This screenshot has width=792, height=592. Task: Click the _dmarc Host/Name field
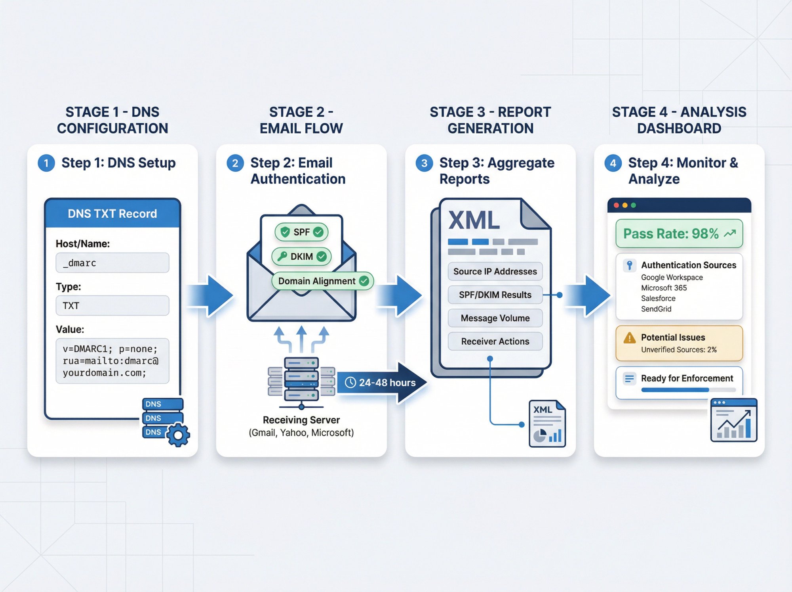[x=112, y=263]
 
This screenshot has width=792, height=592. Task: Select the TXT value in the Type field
[x=112, y=306]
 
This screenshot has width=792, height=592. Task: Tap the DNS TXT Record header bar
[x=112, y=214]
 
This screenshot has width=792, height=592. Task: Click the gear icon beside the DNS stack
[x=178, y=435]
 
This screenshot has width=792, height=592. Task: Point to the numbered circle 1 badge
[x=46, y=163]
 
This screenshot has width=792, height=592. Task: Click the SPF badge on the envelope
[x=302, y=232]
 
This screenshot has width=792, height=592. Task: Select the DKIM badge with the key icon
[x=302, y=257]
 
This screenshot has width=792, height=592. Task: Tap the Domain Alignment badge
[x=322, y=281]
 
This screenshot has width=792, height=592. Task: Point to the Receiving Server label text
[x=301, y=420]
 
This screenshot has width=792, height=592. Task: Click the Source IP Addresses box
[x=495, y=272]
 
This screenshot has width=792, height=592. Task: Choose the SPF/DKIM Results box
[x=495, y=295]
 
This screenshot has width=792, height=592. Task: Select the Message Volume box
[x=495, y=318]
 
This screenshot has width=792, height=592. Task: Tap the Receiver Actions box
[x=495, y=341]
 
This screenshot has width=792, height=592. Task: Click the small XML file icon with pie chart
[x=547, y=424]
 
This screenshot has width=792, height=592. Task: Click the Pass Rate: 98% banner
[x=679, y=234]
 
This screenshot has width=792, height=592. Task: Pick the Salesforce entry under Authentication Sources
[x=658, y=299]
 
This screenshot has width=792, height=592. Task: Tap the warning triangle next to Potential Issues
[x=629, y=338]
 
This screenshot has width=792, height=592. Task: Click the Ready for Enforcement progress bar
[x=688, y=390]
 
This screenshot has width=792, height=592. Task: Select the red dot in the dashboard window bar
[x=616, y=205]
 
